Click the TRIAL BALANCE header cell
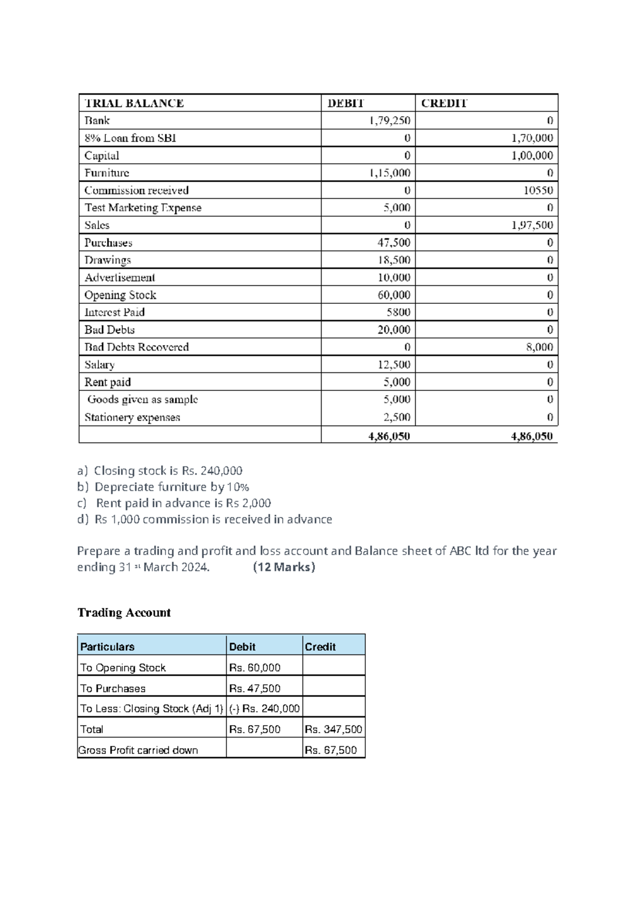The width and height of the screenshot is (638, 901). coord(134,103)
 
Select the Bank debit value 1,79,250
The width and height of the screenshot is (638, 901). coord(390,121)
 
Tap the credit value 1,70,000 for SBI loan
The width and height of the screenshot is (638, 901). coord(532,138)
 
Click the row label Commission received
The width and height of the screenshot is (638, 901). coord(137,190)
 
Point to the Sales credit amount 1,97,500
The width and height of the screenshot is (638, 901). coord(532,225)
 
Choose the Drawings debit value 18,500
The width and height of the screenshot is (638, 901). coord(393,260)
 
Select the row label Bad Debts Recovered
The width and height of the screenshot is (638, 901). coord(137,347)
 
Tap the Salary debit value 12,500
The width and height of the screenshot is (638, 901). coord(393,364)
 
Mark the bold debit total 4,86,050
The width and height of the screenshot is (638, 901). coord(389,436)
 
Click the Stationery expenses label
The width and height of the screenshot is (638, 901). coord(132,418)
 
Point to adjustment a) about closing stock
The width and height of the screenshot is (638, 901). coord(160,471)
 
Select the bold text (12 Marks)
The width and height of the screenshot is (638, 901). coord(284,567)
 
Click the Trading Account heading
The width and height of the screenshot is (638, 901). coord(124,613)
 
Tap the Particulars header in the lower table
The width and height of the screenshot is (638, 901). coord(107,647)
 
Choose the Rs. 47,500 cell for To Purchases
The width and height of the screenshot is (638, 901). coord(255,688)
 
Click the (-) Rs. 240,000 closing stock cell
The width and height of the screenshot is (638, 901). coord(264,708)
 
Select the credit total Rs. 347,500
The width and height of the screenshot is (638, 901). coord(333,729)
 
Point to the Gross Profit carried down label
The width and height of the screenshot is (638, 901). coord(138,750)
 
